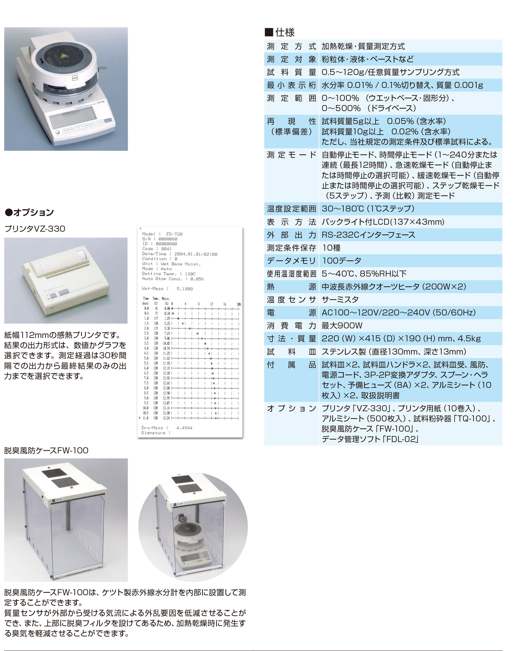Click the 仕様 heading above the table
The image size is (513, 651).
(x=285, y=33)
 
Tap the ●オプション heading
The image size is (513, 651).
(x=30, y=213)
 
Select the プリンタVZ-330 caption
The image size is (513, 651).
(x=35, y=229)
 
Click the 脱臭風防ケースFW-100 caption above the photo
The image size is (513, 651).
(x=46, y=451)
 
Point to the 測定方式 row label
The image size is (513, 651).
(x=291, y=46)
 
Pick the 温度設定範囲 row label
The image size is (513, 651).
(x=291, y=209)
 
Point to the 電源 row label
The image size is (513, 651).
(x=291, y=313)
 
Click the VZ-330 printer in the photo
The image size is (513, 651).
(x=65, y=281)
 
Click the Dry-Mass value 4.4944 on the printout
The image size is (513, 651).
(x=184, y=428)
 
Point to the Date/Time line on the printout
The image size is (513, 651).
(x=180, y=254)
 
